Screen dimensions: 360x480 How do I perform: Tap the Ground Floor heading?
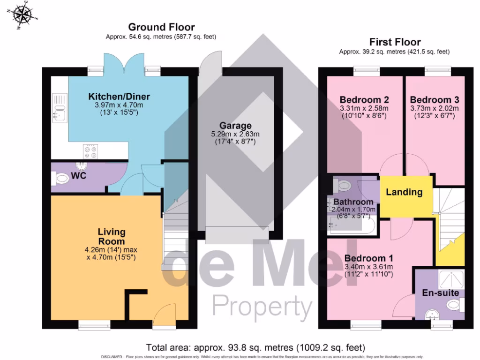[161, 27]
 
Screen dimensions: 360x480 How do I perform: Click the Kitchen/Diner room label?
[119, 97]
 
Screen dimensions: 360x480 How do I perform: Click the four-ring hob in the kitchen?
[90, 151]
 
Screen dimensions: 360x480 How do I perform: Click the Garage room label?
[235, 126]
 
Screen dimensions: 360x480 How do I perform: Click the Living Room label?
[112, 236]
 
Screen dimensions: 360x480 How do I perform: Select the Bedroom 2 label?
[364, 100]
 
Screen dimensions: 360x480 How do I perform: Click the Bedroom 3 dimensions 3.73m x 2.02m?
[435, 108]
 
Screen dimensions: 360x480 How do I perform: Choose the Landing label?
[404, 192]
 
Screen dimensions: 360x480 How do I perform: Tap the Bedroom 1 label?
[368, 258]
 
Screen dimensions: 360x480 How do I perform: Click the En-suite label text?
[440, 293]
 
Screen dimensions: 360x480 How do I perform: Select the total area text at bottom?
[255, 348]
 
